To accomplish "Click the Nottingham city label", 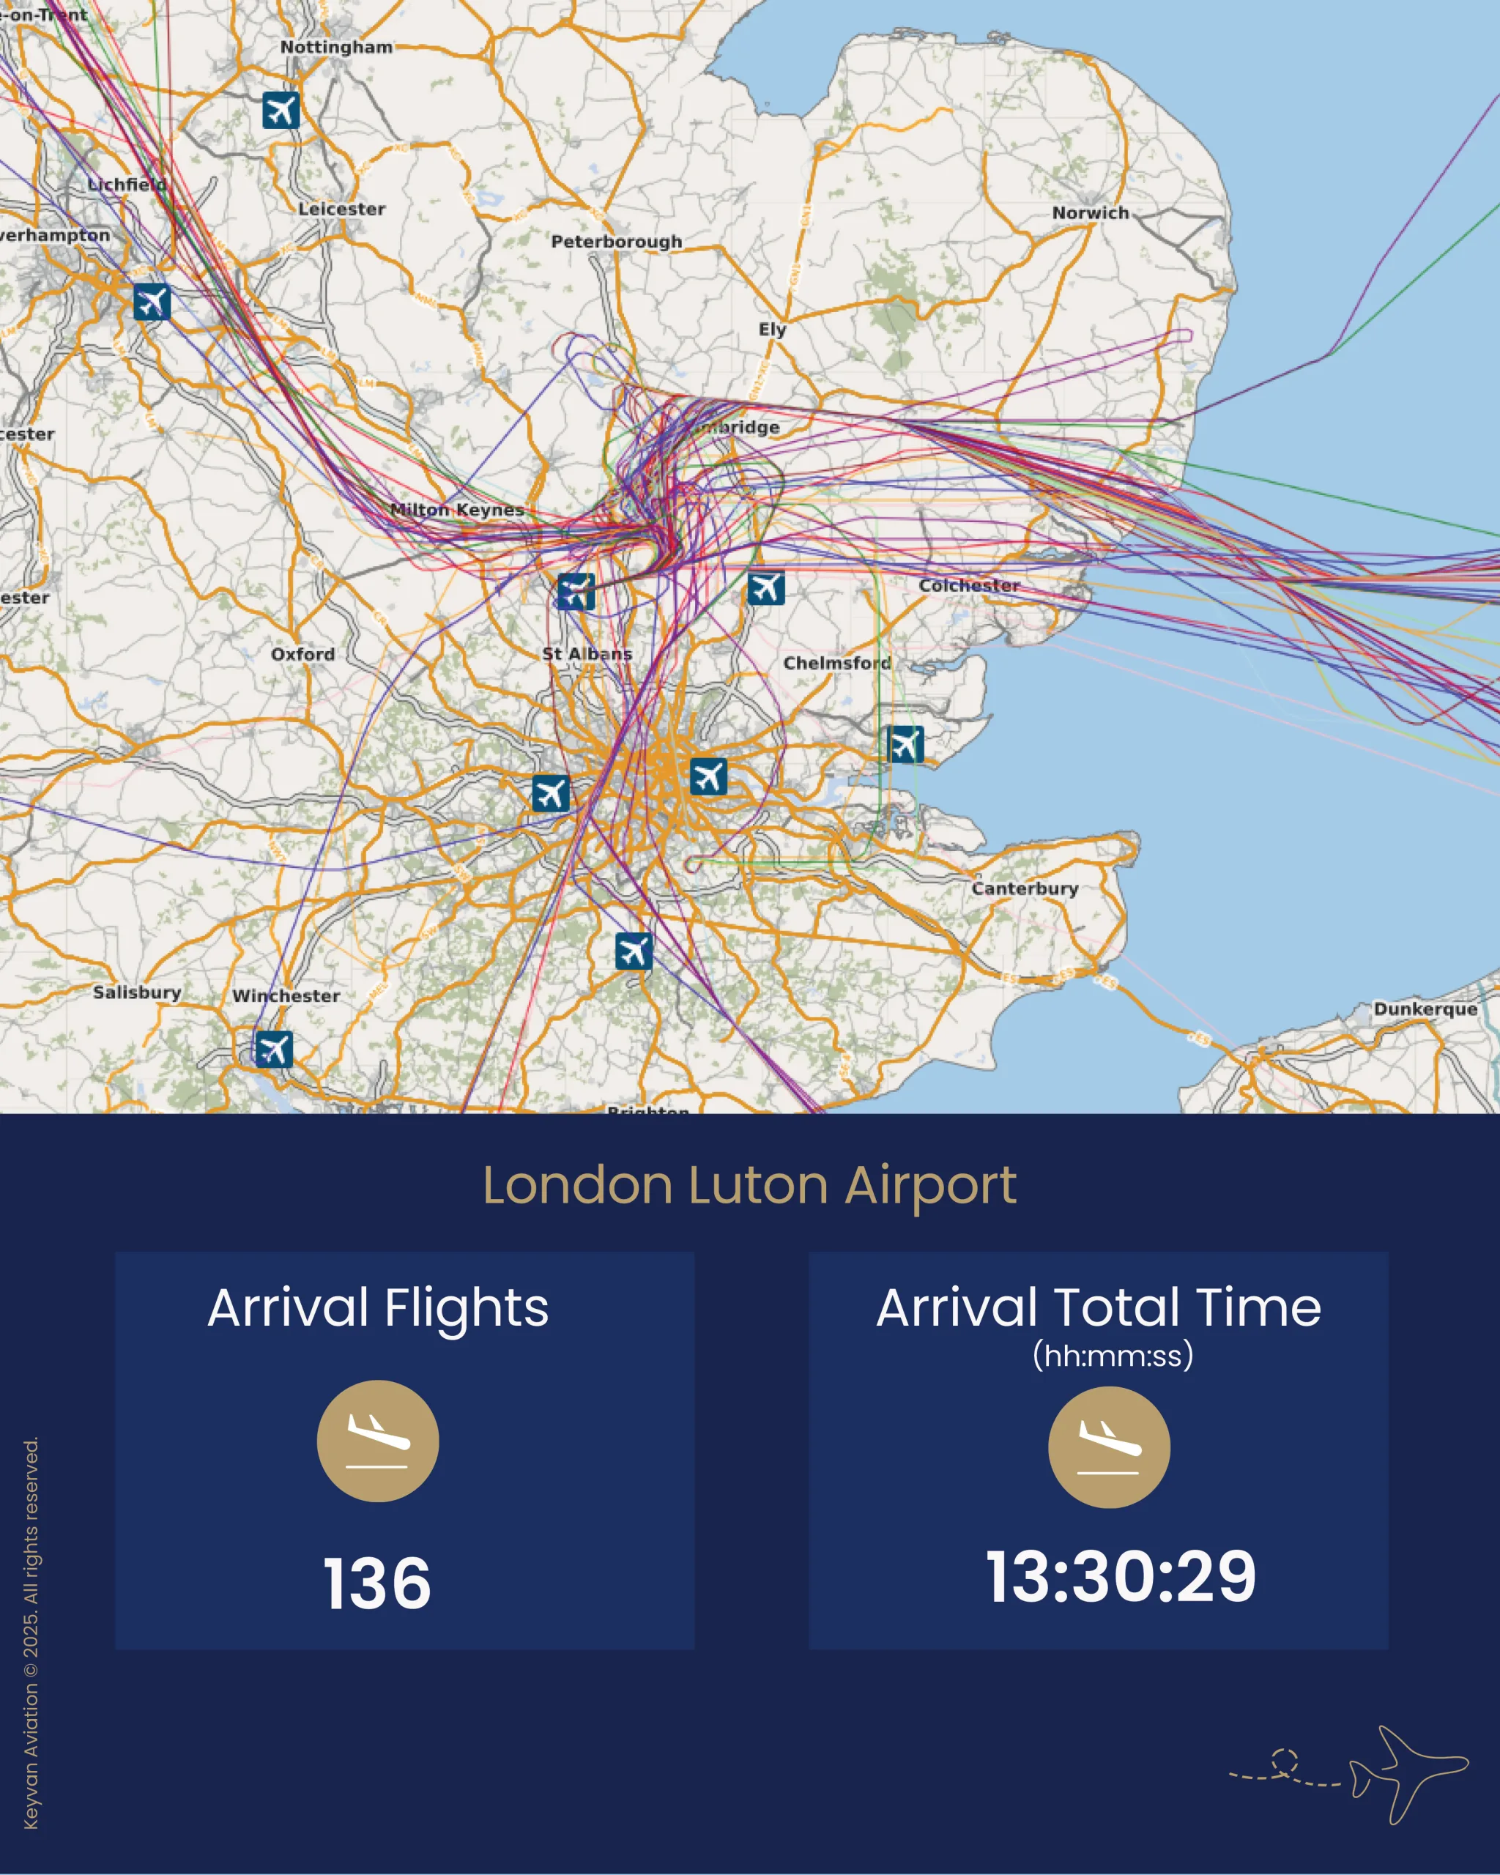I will [x=335, y=47].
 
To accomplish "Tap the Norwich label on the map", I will [x=1091, y=213].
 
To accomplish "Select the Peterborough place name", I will [x=617, y=241].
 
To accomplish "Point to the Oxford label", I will [x=302, y=654].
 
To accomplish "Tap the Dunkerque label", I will [x=1425, y=1009].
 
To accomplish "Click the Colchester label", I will [x=969, y=585].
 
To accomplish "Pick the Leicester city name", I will [x=342, y=209].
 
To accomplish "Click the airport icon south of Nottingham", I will [x=281, y=111].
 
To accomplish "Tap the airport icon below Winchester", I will [x=274, y=1049].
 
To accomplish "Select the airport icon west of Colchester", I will [x=766, y=588].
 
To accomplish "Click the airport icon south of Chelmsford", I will [x=905, y=744].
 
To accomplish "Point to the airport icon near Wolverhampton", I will [x=152, y=302].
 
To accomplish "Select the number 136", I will [x=377, y=1583].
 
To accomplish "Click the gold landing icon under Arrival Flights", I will [x=377, y=1441].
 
